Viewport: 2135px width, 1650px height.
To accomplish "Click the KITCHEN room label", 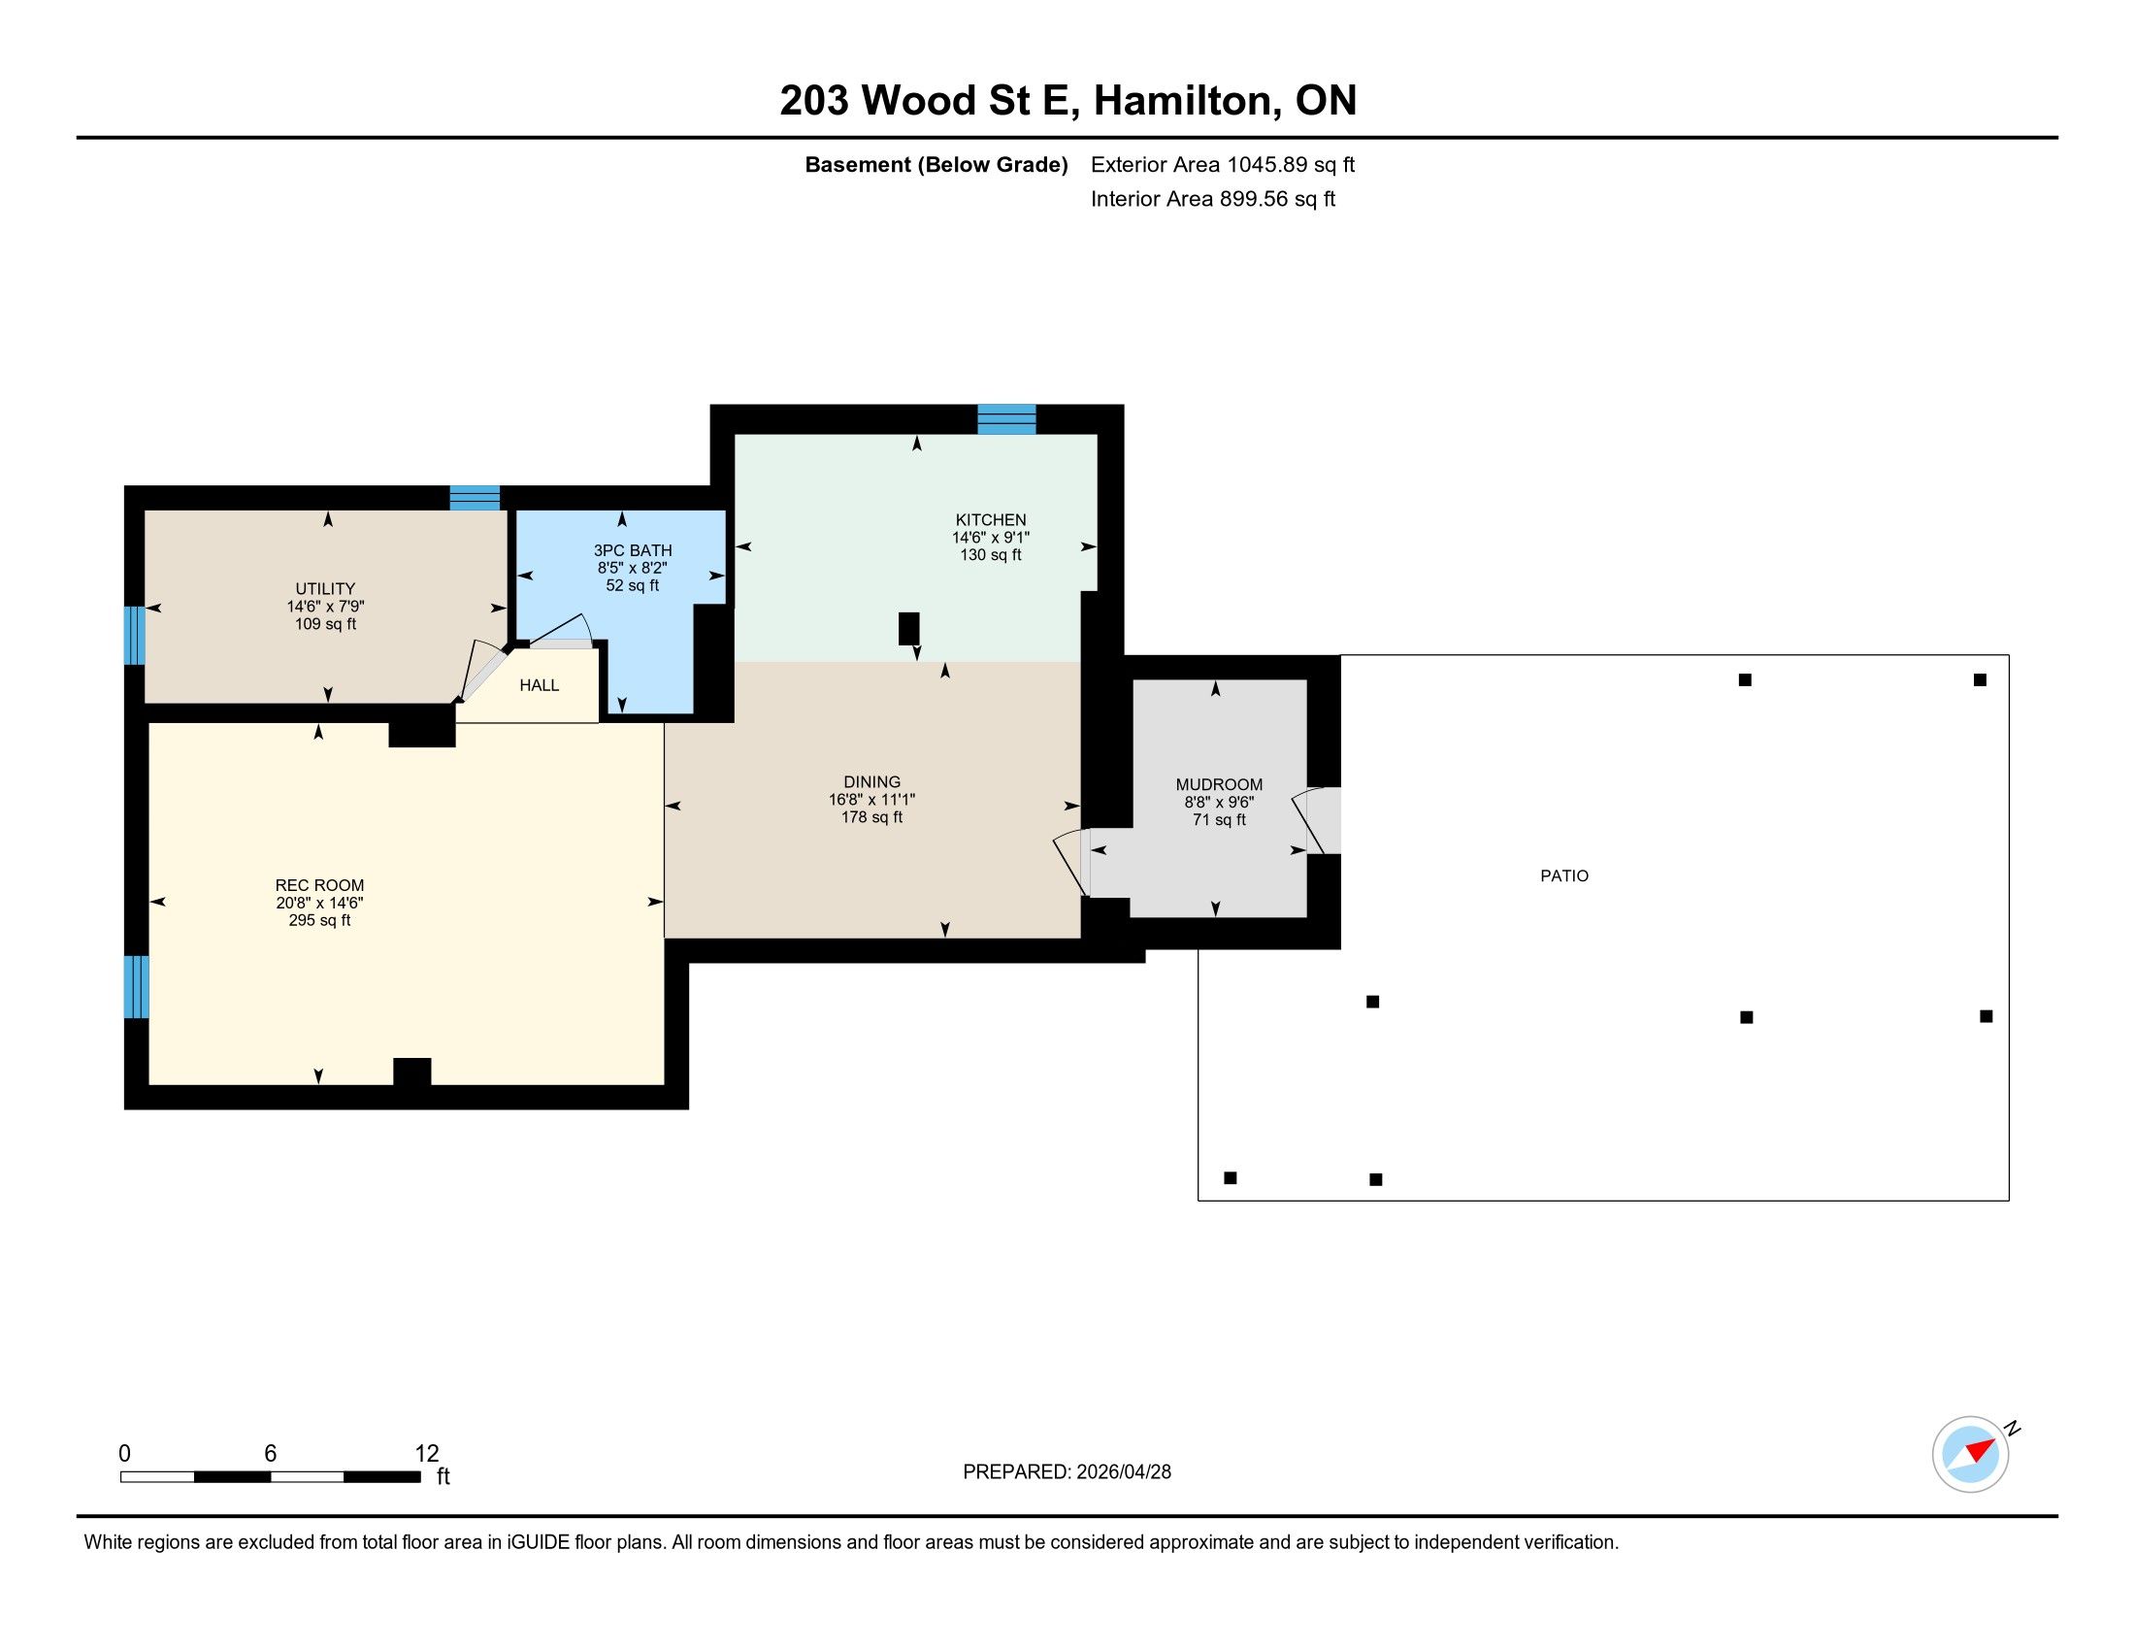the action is [990, 520].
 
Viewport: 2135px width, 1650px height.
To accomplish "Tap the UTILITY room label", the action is [325, 588].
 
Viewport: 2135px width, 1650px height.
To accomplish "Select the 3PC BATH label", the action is [633, 550].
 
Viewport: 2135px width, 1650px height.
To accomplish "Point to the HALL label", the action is [540, 685].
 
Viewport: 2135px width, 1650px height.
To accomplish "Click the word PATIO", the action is [1564, 875].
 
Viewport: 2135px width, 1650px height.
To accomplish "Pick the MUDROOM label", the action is [1219, 784].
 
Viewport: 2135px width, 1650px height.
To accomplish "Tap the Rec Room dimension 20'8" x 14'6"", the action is [319, 904].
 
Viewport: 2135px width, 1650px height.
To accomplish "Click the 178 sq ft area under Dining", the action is [872, 817].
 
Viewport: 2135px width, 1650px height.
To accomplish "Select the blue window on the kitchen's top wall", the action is [1007, 418].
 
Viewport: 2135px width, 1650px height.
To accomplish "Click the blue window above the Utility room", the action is [475, 498].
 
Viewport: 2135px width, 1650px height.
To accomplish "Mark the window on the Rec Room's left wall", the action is [137, 986].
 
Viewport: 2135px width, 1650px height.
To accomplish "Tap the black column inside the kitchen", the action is [909, 629].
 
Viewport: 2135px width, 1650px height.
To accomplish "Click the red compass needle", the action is [1981, 1449].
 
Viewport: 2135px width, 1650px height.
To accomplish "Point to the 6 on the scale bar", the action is [271, 1454].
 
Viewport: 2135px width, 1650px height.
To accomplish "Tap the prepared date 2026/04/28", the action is [1123, 1472].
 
